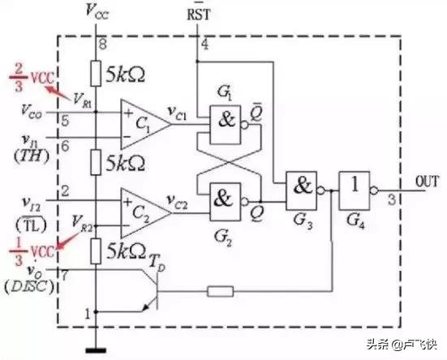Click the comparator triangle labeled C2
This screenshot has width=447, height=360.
142,211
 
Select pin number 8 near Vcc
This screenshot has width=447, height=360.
101,42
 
